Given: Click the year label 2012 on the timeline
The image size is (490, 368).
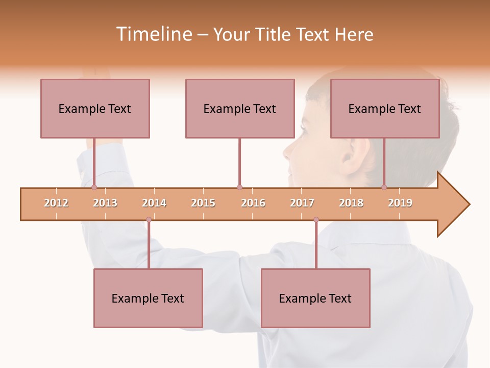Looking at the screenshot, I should pyautogui.click(x=56, y=203).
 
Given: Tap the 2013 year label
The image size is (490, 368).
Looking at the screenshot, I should pyautogui.click(x=105, y=203).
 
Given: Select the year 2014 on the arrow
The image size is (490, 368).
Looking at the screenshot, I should pyautogui.click(x=154, y=203).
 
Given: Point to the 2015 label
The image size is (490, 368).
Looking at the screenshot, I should pyautogui.click(x=203, y=203).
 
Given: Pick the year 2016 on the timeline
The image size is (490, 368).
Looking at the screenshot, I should pyautogui.click(x=253, y=203).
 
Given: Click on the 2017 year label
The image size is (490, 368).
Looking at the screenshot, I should pyautogui.click(x=302, y=203).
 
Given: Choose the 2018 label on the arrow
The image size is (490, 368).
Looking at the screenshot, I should pyautogui.click(x=351, y=203).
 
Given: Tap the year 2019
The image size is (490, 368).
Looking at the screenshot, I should pyautogui.click(x=400, y=203).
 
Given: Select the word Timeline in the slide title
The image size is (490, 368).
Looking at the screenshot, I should pyautogui.click(x=153, y=34).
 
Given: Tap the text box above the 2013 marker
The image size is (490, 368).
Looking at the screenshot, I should pyautogui.click(x=95, y=108).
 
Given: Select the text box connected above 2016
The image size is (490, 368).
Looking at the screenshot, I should pyautogui.click(x=240, y=108).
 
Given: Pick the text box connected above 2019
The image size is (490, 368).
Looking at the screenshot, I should pyautogui.click(x=385, y=108).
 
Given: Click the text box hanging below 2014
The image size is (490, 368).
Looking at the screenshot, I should pyautogui.click(x=148, y=298).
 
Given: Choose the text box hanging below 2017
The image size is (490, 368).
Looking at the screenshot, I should pyautogui.click(x=315, y=298).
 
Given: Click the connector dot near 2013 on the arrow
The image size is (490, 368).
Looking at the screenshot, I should pyautogui.click(x=94, y=188).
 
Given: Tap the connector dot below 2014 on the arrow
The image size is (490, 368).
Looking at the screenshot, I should pyautogui.click(x=149, y=219).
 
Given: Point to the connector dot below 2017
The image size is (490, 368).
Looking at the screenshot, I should pyautogui.click(x=316, y=219).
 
